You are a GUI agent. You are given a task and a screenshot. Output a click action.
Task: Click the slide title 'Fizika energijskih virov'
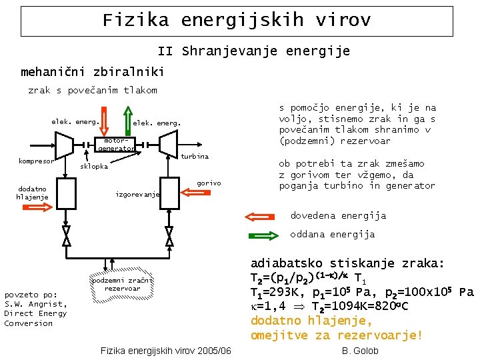pos(237,21)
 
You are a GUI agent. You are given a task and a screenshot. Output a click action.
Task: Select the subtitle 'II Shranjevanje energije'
pos(253,51)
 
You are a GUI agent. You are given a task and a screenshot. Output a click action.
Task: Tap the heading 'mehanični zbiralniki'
pos(92,71)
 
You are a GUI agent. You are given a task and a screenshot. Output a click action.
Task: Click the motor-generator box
pos(115,145)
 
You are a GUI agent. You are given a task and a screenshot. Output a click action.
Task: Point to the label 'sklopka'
pos(93,167)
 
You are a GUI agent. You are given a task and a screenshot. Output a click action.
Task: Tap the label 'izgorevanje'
pos(137,195)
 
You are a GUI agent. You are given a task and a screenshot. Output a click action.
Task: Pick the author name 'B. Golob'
pos(360,351)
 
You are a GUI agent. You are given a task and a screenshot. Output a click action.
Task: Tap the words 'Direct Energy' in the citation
pos(35,313)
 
